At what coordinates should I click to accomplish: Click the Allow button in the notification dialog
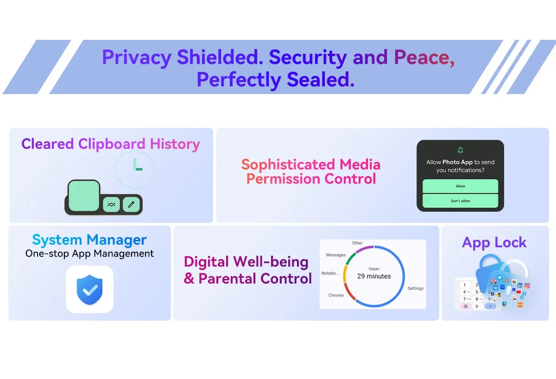tap(460, 186)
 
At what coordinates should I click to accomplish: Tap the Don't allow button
tap(460, 201)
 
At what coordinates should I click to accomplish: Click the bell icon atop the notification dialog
tap(460, 150)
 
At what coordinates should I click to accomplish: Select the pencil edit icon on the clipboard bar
tap(131, 204)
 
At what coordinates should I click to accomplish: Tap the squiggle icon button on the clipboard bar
tap(111, 204)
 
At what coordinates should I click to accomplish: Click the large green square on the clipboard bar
tap(84, 196)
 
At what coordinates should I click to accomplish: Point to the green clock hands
tap(137, 164)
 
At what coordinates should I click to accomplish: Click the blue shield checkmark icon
tap(89, 290)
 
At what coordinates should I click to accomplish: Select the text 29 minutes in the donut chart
tap(374, 276)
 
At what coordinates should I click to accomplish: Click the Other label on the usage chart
tap(357, 243)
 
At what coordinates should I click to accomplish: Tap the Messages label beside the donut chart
tap(335, 255)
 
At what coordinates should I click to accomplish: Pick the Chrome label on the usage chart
tap(336, 295)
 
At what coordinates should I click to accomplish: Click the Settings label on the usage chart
tap(415, 288)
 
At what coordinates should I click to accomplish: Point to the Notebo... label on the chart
tap(330, 273)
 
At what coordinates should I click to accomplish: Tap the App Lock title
tap(494, 242)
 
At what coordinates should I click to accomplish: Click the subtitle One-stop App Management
tap(89, 253)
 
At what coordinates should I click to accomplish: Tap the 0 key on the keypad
tap(477, 306)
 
